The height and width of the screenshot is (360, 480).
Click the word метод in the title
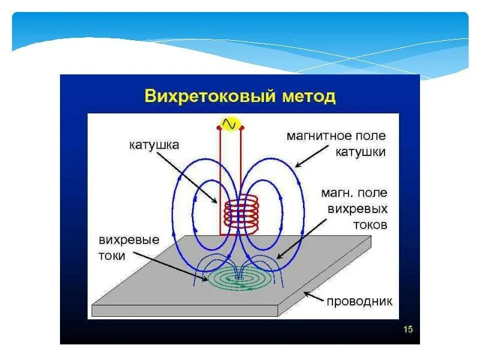coord(307,96)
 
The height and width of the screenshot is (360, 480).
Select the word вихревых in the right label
coord(358,209)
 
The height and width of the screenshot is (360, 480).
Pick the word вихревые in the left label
coord(129,240)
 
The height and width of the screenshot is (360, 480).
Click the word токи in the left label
coord(112,256)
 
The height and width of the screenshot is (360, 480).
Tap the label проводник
coord(359,300)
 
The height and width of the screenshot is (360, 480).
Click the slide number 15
coord(407,329)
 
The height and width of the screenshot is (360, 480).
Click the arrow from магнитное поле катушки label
coord(311,158)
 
